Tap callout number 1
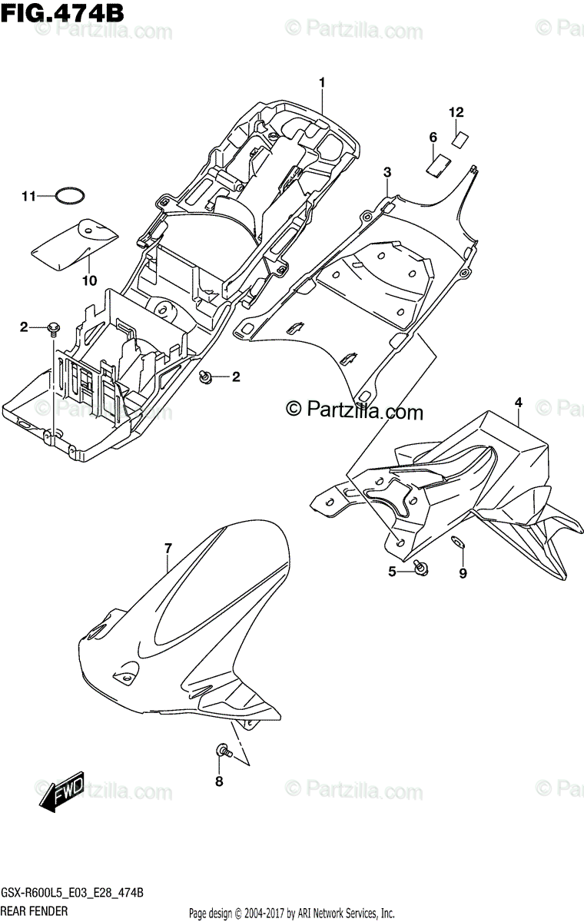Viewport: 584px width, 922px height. tap(323, 82)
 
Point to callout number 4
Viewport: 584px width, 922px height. tap(518, 402)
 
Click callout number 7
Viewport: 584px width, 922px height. tap(168, 547)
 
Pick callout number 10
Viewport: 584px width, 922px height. tap(90, 280)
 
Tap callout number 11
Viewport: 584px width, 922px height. tap(28, 197)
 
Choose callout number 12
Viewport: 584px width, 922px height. tap(456, 112)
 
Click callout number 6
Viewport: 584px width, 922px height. tap(433, 138)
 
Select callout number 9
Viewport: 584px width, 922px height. tap(463, 572)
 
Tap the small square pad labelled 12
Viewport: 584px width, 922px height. tap(460, 139)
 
